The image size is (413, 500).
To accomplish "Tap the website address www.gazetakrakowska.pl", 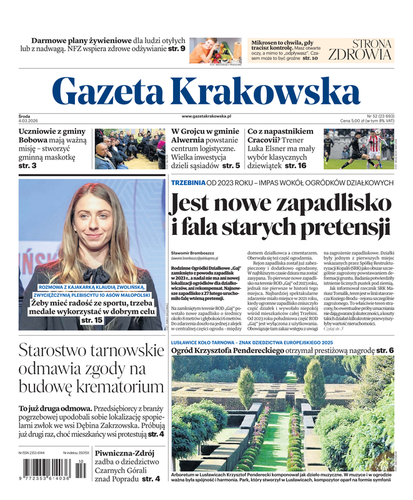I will (206, 116).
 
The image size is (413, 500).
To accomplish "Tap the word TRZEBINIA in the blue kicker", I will (188, 182).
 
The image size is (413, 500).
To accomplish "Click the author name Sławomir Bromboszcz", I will (193, 252).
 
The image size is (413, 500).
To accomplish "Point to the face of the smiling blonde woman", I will (92, 219).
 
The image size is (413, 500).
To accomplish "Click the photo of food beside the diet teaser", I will (215, 50).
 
